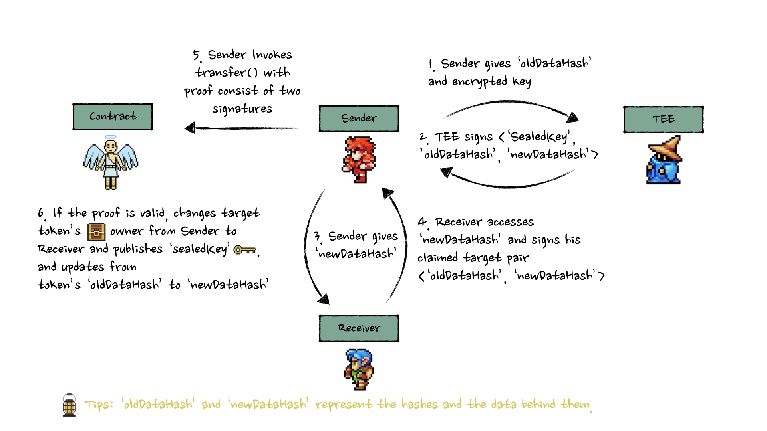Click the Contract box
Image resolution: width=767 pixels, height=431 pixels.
[113, 117]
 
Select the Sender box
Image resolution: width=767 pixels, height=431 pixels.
[359, 119]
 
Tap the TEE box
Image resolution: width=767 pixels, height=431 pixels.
[663, 119]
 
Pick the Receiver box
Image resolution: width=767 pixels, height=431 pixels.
[359, 328]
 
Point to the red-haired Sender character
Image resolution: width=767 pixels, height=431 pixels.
[359, 160]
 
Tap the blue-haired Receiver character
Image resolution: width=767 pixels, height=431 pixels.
[359, 370]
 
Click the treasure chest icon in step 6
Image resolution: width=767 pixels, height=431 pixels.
[96, 232]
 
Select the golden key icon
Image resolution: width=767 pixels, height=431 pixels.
[244, 250]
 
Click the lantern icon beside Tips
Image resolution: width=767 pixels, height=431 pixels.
[69, 405]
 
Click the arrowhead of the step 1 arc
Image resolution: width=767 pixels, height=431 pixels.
[573, 117]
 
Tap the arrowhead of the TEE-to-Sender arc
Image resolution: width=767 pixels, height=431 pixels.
[446, 172]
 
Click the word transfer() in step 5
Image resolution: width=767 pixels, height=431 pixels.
[227, 73]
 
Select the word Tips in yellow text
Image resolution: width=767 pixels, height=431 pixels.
[98, 405]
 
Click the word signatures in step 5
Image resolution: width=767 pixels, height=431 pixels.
[242, 109]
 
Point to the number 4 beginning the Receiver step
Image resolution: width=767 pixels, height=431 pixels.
[422, 222]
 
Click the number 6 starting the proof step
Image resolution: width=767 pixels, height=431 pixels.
[41, 213]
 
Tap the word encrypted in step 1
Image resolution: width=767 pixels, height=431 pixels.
[479, 82]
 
